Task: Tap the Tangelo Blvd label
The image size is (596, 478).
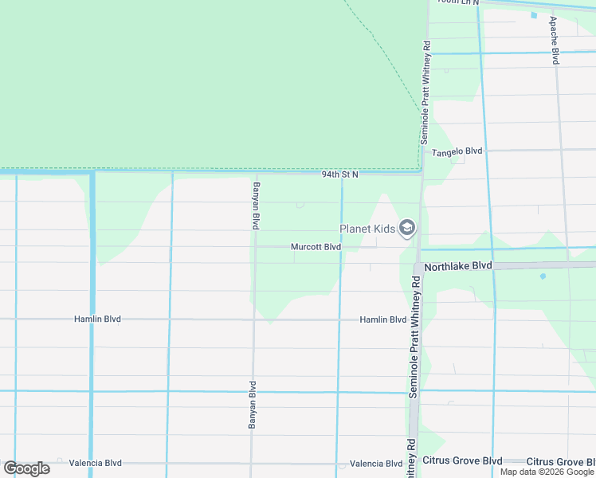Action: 457,151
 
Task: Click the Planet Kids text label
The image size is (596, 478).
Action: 367,229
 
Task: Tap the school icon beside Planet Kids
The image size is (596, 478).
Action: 407,229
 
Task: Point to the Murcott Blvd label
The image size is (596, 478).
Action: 316,247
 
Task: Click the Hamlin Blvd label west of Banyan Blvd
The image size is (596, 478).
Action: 97,319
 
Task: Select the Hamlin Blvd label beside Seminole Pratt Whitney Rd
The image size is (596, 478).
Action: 382,319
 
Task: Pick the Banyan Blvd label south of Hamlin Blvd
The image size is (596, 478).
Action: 252,406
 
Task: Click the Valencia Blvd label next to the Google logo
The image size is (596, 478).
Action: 96,463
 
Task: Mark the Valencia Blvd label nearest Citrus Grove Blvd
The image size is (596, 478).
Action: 376,464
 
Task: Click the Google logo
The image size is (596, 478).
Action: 26,468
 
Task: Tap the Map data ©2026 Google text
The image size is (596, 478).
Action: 547,472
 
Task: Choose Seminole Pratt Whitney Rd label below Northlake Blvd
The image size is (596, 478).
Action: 414,337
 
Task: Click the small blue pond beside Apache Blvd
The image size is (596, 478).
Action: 533,14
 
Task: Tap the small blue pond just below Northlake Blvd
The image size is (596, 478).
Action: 543,276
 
